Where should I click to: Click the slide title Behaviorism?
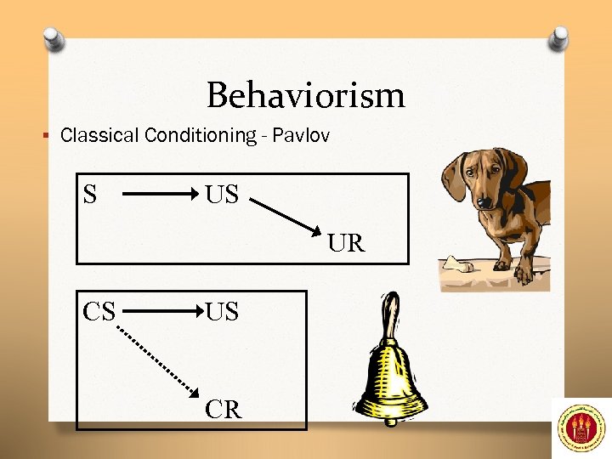point(306,94)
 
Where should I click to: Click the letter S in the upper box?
point(90,195)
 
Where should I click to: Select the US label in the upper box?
point(222,195)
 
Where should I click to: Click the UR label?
point(346,244)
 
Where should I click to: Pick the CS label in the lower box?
point(99,311)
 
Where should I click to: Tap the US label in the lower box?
point(222,311)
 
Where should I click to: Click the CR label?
point(224,410)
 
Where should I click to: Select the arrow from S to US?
point(161,195)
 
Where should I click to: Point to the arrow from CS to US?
point(161,312)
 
